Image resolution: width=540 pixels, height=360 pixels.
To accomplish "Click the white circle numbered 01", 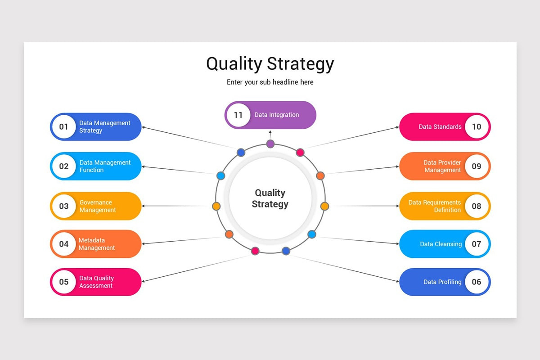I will [64, 127].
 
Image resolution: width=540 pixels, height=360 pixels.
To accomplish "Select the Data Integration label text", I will [276, 115].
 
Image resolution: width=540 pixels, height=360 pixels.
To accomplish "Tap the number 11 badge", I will [238, 115].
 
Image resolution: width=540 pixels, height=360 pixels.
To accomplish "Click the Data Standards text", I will [440, 127].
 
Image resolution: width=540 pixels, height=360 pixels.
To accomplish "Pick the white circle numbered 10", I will [477, 127].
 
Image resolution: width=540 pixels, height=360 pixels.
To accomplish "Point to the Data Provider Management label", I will [442, 166].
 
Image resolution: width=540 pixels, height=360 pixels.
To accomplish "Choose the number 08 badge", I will [477, 206].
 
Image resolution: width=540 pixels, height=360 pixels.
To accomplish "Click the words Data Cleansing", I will [441, 244].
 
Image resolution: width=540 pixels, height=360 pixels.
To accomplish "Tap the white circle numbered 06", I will [477, 282].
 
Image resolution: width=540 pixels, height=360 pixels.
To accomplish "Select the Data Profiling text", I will [442, 282].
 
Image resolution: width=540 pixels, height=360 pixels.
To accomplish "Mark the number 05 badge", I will [64, 282].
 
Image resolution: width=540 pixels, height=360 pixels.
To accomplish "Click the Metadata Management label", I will [97, 244].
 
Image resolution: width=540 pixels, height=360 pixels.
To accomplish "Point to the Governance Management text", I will [98, 206].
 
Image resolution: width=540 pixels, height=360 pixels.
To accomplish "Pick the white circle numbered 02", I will [64, 166].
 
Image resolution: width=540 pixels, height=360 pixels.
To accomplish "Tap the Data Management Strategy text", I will [104, 127].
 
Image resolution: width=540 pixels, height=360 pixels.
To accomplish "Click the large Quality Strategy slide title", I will [270, 63].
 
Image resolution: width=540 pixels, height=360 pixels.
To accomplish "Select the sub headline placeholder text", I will [270, 82].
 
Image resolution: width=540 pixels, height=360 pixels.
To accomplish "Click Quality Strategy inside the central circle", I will [270, 198].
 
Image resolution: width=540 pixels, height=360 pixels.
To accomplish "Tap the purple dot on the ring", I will [270, 144].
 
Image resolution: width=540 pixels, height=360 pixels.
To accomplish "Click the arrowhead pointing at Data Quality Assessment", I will [144, 280].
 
